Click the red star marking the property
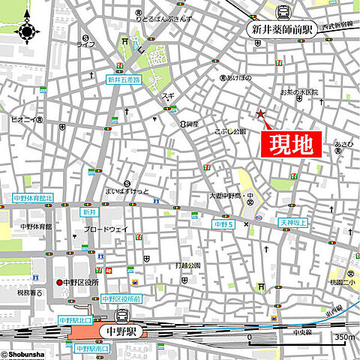click(260, 114)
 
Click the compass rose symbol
click(28, 30)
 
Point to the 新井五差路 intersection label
click(123, 79)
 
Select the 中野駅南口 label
click(91, 349)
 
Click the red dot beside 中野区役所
click(58, 283)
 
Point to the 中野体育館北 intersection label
click(34, 199)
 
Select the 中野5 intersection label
click(224, 223)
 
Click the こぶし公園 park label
click(230, 131)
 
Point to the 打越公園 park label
click(187, 265)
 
